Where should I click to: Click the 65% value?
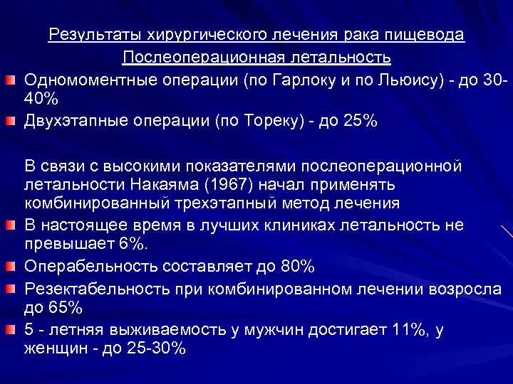(x=66, y=308)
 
